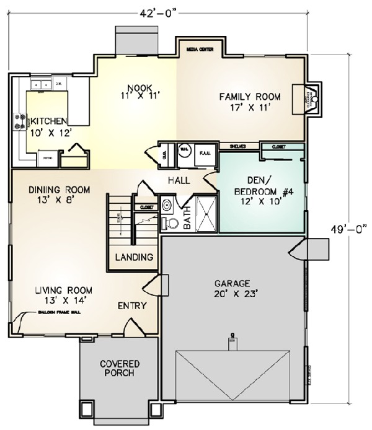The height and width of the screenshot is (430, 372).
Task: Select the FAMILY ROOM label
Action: [x=250, y=102]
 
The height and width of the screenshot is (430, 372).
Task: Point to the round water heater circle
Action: [x=184, y=149]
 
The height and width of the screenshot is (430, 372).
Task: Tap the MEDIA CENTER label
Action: [x=197, y=46]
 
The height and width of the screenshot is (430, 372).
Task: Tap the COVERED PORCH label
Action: [x=119, y=368]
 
